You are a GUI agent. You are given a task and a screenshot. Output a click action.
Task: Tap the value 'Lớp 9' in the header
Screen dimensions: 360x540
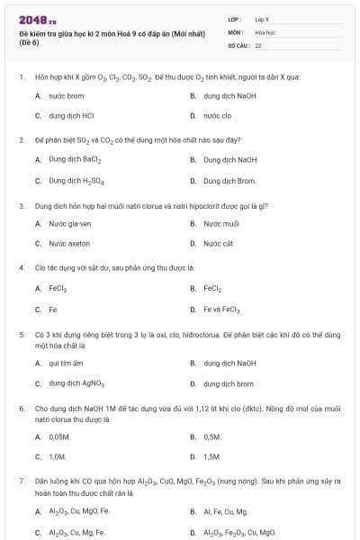pos(262,18)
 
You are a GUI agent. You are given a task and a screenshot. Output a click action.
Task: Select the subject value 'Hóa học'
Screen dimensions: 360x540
pos(265,31)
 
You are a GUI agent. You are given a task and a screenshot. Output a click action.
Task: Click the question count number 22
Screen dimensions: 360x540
pos(258,44)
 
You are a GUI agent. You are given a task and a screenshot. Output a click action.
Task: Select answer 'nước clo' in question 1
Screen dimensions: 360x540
pos(217,115)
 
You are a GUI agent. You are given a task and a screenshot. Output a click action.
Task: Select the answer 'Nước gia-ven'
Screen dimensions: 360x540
pos(70,223)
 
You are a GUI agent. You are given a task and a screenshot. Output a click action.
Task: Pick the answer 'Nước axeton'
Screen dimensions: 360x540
pos(69,243)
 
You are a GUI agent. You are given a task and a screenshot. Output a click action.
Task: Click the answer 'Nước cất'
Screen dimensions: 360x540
pos(218,243)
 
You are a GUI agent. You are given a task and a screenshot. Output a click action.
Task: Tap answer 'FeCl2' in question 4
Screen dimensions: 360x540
pos(212,288)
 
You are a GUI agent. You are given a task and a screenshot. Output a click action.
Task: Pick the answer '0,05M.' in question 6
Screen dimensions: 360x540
pos(59,436)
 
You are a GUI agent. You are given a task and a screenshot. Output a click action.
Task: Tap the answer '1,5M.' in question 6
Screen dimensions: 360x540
pos(212,456)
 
